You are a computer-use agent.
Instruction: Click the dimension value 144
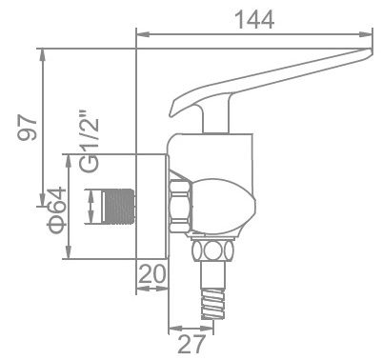click(253, 16)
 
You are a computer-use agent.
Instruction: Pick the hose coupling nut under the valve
click(214, 252)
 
